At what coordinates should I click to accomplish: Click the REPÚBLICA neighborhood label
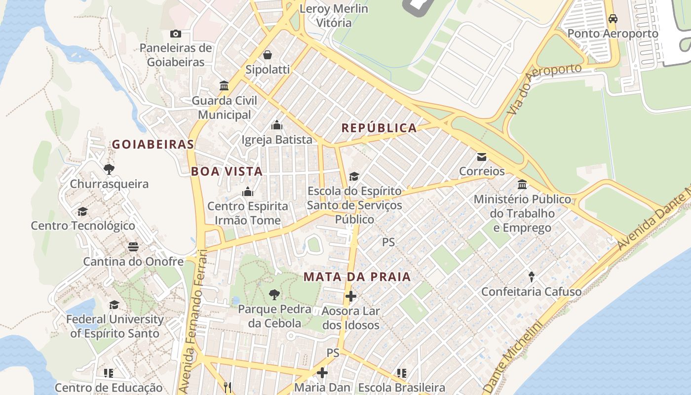pyautogui.click(x=379, y=128)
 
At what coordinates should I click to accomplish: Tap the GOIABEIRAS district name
pyautogui.click(x=153, y=145)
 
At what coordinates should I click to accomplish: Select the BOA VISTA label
pyautogui.click(x=227, y=171)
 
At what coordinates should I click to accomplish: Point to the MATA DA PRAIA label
pyautogui.click(x=357, y=277)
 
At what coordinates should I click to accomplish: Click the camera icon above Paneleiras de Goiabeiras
pyautogui.click(x=175, y=34)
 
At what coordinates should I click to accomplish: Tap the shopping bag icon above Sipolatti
pyautogui.click(x=267, y=54)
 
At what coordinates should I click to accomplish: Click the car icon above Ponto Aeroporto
pyautogui.click(x=613, y=19)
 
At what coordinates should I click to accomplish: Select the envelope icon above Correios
pyautogui.click(x=481, y=157)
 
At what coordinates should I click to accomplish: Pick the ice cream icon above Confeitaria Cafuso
pyautogui.click(x=531, y=276)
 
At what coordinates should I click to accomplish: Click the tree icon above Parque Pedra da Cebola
pyautogui.click(x=274, y=295)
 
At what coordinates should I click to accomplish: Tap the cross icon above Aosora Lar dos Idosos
pyautogui.click(x=350, y=296)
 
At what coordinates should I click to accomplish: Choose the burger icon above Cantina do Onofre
pyautogui.click(x=133, y=246)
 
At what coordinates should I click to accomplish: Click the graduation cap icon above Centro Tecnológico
pyautogui.click(x=82, y=211)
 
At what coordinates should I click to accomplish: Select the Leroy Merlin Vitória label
pyautogui.click(x=334, y=16)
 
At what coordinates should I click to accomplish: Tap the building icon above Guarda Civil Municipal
pyautogui.click(x=224, y=86)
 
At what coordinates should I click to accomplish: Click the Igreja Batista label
pyautogui.click(x=276, y=140)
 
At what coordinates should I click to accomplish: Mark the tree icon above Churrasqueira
pyautogui.click(x=109, y=169)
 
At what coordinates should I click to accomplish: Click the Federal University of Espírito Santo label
pyautogui.click(x=115, y=326)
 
